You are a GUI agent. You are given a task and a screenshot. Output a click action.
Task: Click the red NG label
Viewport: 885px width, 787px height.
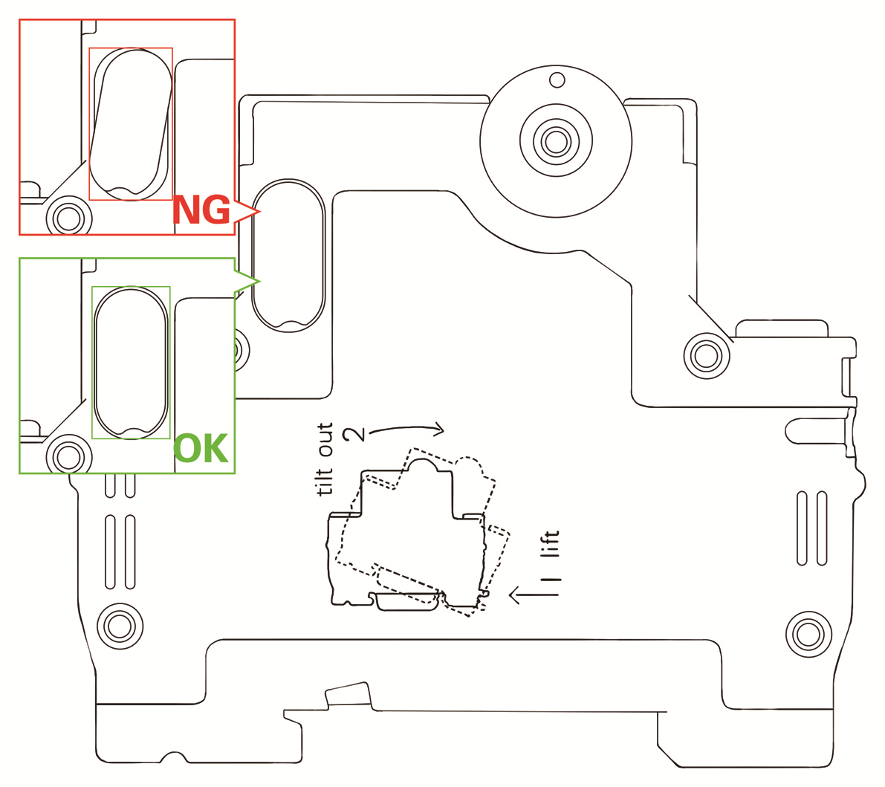(x=201, y=211)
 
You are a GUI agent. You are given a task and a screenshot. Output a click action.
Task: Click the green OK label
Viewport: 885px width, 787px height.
(x=201, y=450)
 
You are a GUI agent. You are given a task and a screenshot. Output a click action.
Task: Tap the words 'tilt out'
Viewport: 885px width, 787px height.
(x=325, y=459)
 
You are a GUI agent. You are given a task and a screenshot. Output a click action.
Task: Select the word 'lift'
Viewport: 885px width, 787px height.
(x=550, y=545)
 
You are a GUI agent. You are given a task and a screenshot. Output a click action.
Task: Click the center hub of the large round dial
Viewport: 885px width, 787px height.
(x=556, y=140)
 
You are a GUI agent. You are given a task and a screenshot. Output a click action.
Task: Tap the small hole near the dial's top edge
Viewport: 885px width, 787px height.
(x=557, y=79)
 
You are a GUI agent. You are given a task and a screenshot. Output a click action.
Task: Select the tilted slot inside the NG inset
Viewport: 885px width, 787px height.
(x=131, y=123)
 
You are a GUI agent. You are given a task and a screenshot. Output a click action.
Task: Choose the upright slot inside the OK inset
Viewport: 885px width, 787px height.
(x=131, y=362)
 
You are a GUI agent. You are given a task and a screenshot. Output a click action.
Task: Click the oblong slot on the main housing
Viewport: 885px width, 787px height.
(x=288, y=256)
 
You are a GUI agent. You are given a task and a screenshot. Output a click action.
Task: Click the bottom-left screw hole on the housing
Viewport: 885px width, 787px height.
(x=119, y=626)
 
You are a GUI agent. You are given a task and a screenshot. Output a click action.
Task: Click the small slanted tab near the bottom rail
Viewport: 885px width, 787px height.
(x=348, y=695)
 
